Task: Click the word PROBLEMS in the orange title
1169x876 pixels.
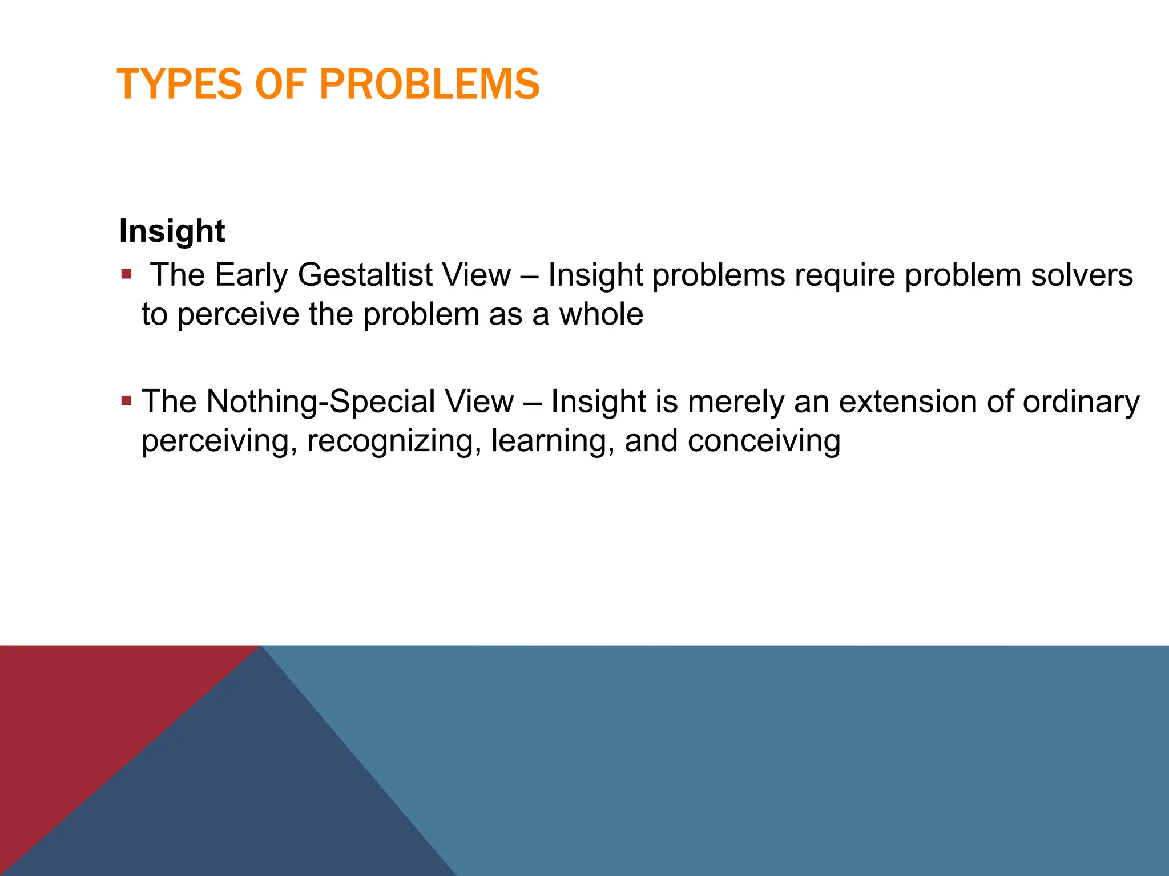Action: tap(429, 84)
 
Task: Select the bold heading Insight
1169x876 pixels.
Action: tap(172, 231)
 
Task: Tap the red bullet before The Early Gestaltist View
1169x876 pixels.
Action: tap(126, 275)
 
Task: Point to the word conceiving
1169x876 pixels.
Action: tap(763, 441)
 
